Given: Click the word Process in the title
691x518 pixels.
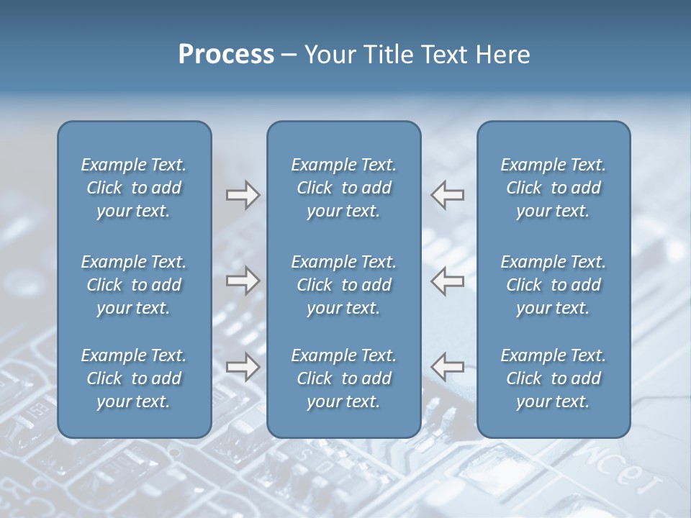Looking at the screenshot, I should point(226,55).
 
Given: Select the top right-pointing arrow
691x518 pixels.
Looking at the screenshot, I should point(243,195).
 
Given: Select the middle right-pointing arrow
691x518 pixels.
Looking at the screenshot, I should point(243,281).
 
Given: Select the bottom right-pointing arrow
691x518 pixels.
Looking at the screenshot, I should point(243,367).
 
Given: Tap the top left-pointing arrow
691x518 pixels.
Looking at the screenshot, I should point(448,195).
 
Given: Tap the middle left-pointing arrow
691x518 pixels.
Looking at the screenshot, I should point(448,281).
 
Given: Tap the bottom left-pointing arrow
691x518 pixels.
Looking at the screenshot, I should point(448,367).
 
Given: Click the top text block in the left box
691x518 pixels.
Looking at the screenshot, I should point(134,188).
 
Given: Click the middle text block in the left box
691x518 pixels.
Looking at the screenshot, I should point(134,285).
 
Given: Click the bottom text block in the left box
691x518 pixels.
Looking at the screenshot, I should point(134,378).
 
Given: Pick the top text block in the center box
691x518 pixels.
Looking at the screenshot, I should point(343,188).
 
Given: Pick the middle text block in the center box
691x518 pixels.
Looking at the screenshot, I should point(343,285).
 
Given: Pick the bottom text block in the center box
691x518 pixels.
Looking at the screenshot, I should point(343,378).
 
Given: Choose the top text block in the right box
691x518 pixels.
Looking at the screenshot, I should point(553,188).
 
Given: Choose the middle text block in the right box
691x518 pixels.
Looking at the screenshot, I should point(553,285).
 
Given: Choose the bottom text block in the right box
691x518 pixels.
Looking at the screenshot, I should point(553,378).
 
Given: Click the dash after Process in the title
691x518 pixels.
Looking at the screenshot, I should point(289,55).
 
